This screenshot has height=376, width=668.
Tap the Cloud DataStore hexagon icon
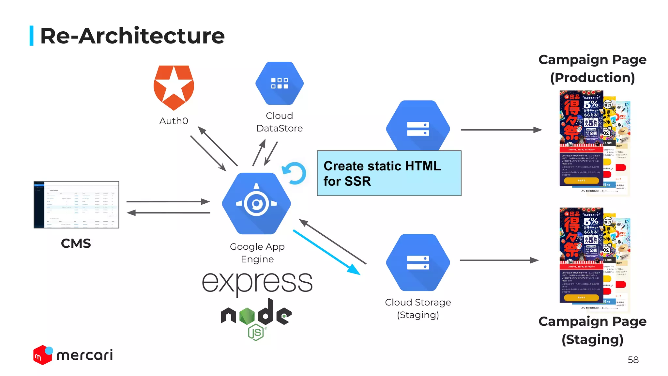[280, 83]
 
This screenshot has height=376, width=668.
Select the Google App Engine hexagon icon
[256, 203]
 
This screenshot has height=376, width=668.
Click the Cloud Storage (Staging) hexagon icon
[418, 262]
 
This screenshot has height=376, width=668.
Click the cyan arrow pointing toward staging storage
[326, 252]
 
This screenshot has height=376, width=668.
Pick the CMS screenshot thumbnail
[76, 205]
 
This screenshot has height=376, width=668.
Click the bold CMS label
[76, 243]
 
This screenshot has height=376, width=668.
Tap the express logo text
[257, 282]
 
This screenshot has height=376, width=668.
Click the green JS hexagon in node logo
[256, 333]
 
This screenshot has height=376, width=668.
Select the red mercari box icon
[42, 356]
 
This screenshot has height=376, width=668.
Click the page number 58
[633, 360]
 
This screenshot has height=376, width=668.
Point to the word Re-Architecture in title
[132, 36]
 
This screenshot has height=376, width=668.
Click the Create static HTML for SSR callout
[389, 173]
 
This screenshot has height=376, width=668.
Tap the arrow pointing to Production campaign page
[501, 130]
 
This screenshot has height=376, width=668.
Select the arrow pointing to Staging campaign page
[499, 260]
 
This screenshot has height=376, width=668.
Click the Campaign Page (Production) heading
[592, 69]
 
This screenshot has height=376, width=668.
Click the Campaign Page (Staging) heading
[592, 330]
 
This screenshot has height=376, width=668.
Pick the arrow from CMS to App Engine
[168, 202]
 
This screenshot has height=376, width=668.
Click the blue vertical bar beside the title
[32, 36]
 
